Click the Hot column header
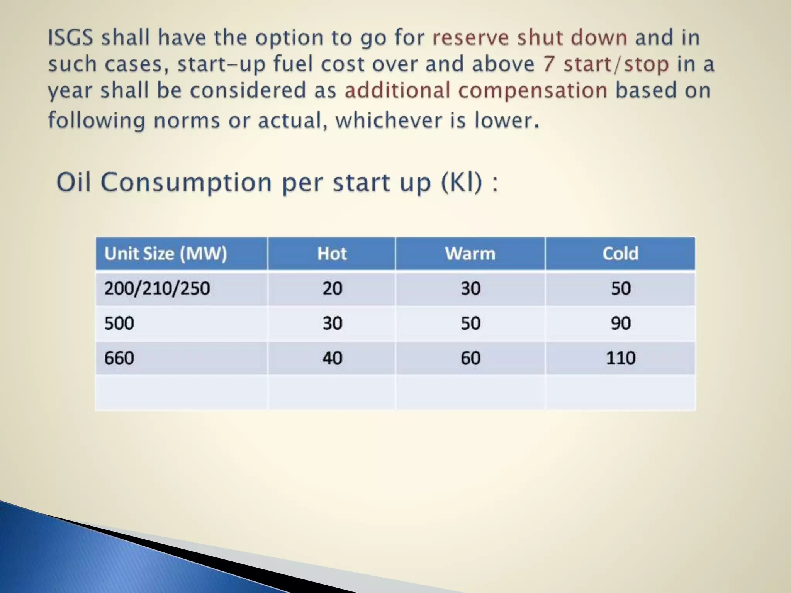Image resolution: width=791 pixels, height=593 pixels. coord(332,254)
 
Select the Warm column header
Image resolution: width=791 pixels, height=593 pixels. coord(470,254)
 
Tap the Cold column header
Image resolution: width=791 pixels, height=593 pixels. coord(620,254)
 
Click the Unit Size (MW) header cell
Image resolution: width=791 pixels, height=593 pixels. coord(166,254)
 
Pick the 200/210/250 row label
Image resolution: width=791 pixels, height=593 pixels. coord(157,288)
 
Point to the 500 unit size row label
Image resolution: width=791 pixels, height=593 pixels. coord(119,323)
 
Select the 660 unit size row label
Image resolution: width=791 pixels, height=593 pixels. coord(119,358)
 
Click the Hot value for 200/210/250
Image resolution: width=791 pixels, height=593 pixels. coord(332,288)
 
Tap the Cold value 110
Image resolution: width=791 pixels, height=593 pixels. coord(620,358)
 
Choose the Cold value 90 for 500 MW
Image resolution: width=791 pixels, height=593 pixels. coord(620,323)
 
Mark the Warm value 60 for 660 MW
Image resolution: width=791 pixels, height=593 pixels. coord(470,358)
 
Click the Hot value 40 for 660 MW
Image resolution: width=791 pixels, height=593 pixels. coord(332,358)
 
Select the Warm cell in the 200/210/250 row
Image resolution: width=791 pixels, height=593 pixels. coord(470,288)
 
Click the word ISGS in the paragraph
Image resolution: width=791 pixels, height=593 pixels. coord(71,38)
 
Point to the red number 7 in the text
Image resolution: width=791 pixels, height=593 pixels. coord(549,64)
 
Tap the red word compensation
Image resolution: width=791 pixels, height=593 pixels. coord(533,91)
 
